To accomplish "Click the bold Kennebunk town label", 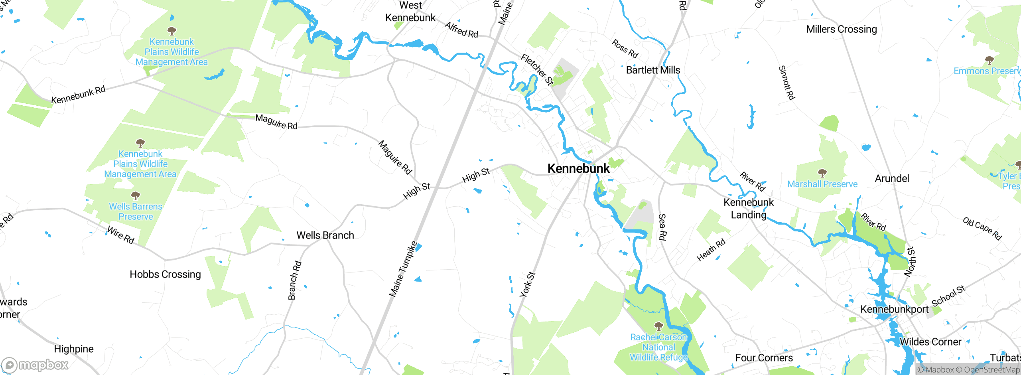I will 578,168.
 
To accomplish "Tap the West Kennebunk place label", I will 410,12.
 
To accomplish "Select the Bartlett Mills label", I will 653,70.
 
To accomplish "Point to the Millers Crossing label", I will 842,29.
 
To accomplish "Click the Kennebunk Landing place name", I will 749,208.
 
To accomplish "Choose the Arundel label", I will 892,178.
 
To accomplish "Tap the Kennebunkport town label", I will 894,309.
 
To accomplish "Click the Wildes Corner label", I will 930,342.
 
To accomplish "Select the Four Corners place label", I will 764,358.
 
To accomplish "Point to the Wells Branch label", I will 325,235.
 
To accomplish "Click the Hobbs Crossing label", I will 165,274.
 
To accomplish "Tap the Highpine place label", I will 74,349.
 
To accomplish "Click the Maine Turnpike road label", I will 403,269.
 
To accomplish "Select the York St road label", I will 527,284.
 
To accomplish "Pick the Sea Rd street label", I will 662,227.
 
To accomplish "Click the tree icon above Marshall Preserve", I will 822,173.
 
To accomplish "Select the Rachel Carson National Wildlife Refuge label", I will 658,347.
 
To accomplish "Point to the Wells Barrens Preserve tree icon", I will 136,195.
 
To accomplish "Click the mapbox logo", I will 35,365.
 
